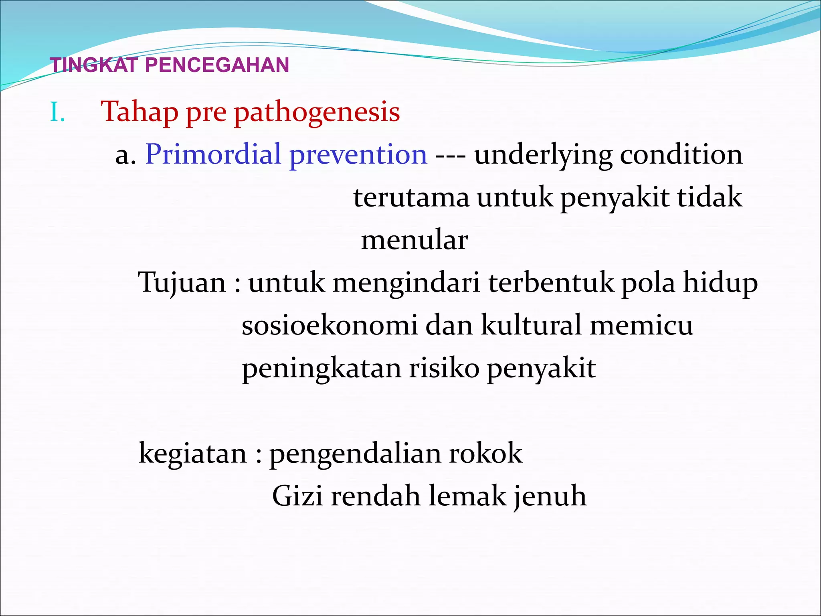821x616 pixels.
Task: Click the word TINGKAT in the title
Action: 94,65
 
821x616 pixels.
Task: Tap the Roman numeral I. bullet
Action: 57,113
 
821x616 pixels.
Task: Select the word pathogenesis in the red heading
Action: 317,113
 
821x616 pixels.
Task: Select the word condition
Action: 681,155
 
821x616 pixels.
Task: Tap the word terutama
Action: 411,198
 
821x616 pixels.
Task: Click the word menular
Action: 415,241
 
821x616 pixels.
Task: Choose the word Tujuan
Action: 182,284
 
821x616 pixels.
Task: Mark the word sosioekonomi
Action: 330,326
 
